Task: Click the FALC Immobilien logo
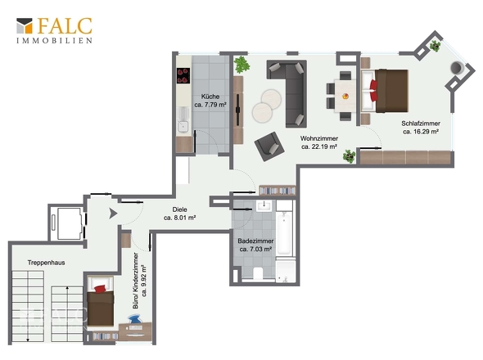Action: pos(55,30)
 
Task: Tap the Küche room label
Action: pos(210,101)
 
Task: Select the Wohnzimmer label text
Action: pos(319,142)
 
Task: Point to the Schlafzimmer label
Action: pos(421,128)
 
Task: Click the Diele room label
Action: pos(180,214)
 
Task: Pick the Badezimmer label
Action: pos(255,245)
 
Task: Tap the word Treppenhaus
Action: pos(46,263)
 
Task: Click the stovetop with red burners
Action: pos(183,76)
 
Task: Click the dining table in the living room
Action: pos(345,96)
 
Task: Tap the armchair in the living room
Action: pos(269,146)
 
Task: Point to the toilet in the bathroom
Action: pos(258,273)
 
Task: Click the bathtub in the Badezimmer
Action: pos(284,233)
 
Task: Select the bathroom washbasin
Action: pos(264,205)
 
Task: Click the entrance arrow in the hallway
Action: pos(113,213)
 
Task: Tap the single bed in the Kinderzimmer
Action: pos(101,301)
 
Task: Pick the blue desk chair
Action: pos(135,319)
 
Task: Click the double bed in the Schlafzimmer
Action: pos(385,91)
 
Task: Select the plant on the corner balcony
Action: pos(435,46)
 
